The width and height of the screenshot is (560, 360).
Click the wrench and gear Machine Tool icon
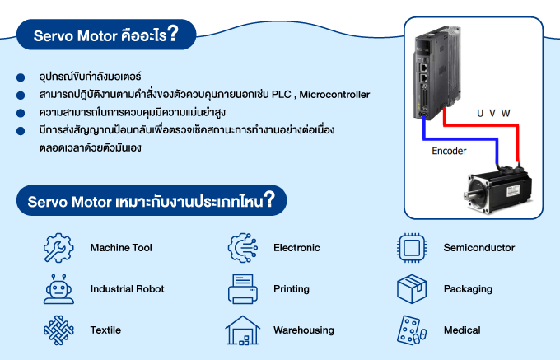(58, 247)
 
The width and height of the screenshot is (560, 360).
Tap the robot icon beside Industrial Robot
(58, 289)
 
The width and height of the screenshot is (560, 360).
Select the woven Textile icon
(58, 330)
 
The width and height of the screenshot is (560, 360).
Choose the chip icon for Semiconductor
(412, 247)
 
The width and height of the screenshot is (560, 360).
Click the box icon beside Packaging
(412, 289)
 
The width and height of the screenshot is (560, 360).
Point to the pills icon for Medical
(412, 330)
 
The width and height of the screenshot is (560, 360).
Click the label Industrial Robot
(127, 289)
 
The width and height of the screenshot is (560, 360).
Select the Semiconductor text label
(478, 247)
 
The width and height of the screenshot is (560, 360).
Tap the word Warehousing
(303, 330)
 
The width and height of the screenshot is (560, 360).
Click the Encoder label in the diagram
(449, 152)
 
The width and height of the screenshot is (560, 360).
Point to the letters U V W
(494, 113)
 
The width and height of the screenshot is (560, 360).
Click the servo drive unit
(433, 71)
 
